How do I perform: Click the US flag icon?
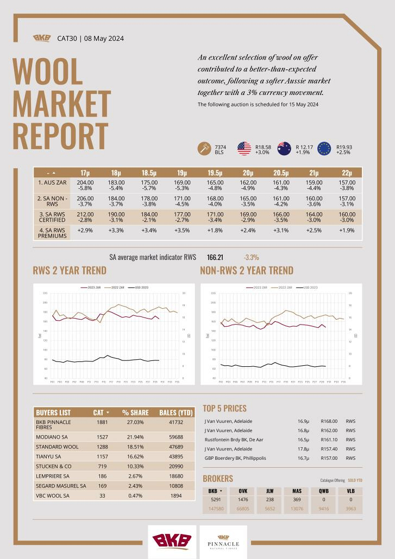click(244, 149)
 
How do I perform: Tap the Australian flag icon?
click(284, 149)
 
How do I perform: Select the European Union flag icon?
click(324, 149)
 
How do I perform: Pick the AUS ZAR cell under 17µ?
click(85, 186)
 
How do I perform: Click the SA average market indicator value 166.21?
click(215, 257)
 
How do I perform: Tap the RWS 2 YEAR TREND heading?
click(70, 270)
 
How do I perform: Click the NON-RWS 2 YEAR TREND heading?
click(247, 270)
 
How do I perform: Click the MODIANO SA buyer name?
click(53, 437)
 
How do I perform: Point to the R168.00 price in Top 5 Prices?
click(329, 421)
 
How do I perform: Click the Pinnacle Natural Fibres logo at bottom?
click(227, 542)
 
